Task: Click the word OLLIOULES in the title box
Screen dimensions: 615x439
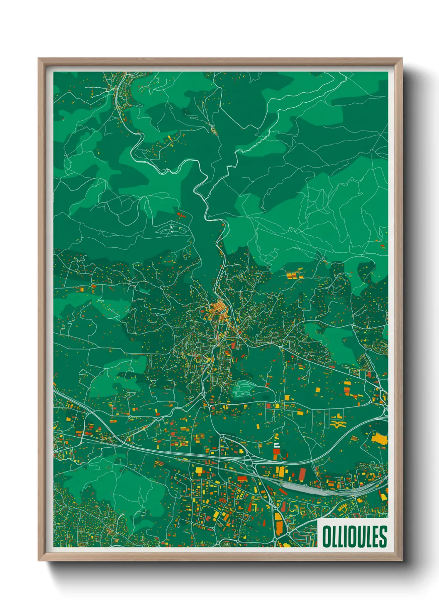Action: [354, 536]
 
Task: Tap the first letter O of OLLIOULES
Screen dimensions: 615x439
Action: [326, 536]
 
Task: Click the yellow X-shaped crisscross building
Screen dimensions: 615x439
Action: [338, 423]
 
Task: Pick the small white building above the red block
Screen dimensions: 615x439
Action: [276, 445]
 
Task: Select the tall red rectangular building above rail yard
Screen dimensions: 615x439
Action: [302, 473]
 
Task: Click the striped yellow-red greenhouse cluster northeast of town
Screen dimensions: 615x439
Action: [295, 274]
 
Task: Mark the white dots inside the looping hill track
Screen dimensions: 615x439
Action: [171, 229]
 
